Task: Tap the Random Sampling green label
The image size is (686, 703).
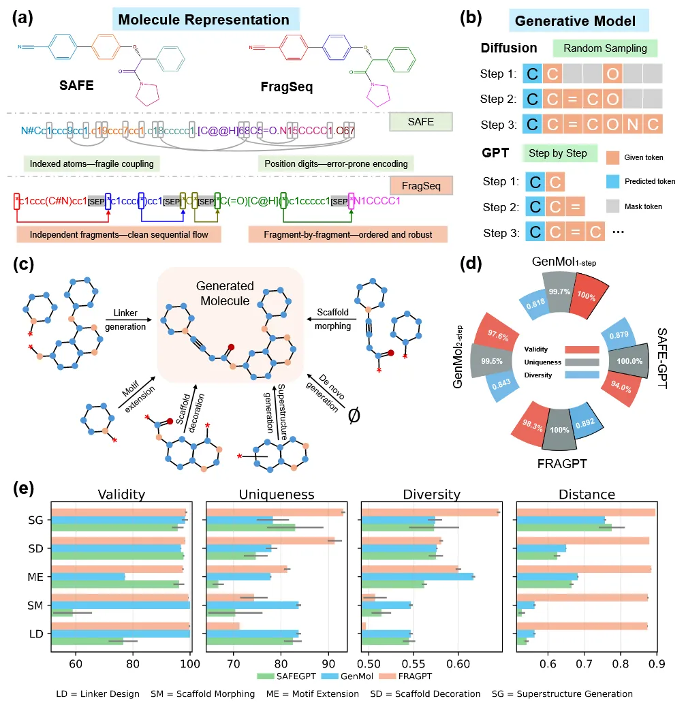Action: point(605,48)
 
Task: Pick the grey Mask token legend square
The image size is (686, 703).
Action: point(612,204)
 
